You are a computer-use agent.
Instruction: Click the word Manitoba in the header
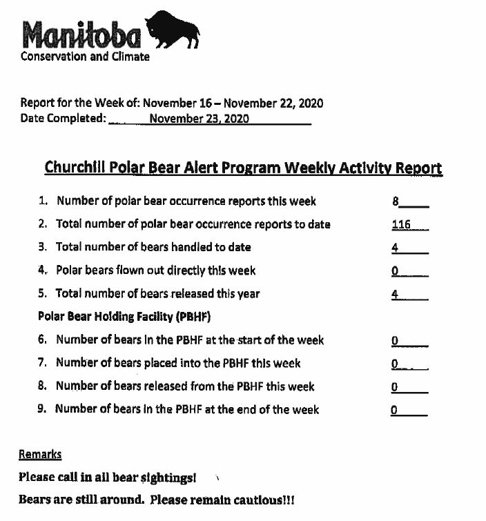pyautogui.click(x=81, y=35)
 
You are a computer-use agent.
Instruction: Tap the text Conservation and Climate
pyautogui.click(x=85, y=57)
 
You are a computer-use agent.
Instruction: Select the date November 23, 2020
pyautogui.click(x=199, y=118)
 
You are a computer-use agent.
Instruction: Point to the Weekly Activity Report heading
pyautogui.click(x=243, y=168)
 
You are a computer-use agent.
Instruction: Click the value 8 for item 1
pyautogui.click(x=396, y=201)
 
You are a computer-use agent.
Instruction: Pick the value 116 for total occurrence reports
pyautogui.click(x=401, y=224)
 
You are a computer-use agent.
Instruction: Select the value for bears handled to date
pyautogui.click(x=395, y=247)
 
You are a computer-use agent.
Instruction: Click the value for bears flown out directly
pyautogui.click(x=395, y=271)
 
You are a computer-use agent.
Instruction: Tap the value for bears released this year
pyautogui.click(x=395, y=293)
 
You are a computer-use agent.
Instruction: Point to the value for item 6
pyautogui.click(x=394, y=340)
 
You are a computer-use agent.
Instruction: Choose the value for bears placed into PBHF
pyautogui.click(x=395, y=364)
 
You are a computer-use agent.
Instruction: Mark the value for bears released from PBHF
pyautogui.click(x=394, y=387)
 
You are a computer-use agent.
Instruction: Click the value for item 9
pyautogui.click(x=394, y=410)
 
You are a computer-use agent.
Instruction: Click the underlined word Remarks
pyautogui.click(x=40, y=454)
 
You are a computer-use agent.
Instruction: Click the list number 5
pyautogui.click(x=42, y=293)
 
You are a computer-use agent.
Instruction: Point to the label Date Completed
pyautogui.click(x=64, y=118)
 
